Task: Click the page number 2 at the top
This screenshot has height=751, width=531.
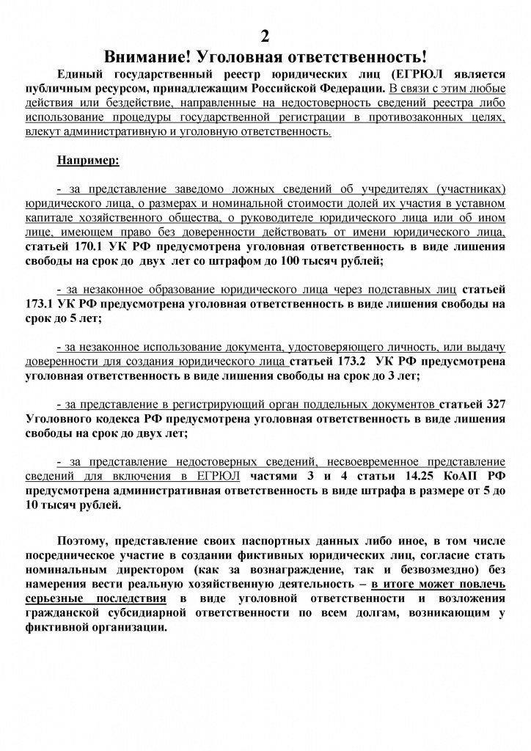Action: pos(265,38)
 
